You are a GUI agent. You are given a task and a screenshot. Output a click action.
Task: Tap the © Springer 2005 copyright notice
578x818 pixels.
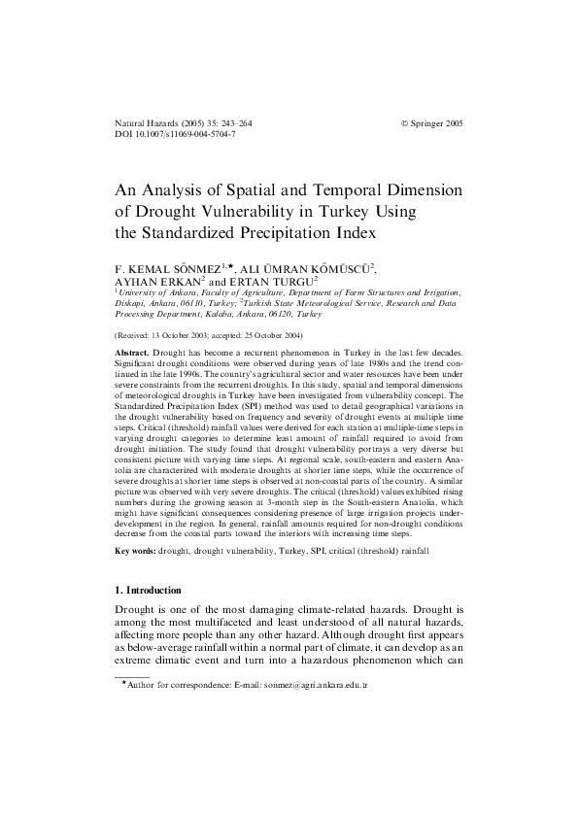click(432, 125)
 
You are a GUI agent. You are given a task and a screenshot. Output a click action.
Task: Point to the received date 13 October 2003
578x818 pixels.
click(184, 333)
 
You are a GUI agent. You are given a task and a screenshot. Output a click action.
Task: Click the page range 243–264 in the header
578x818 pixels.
click(231, 125)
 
